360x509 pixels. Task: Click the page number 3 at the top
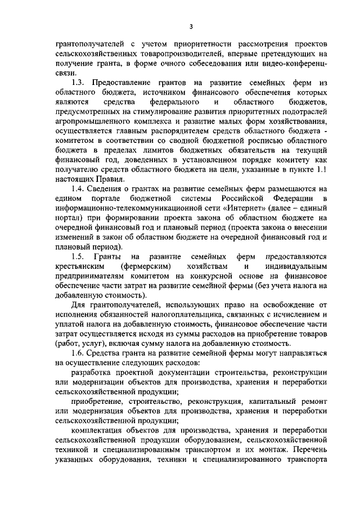click(x=191, y=26)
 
